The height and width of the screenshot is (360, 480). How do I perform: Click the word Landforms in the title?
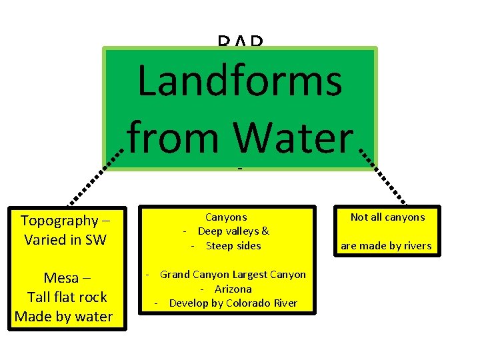point(240,83)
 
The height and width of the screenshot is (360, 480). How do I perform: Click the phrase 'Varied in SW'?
point(65,239)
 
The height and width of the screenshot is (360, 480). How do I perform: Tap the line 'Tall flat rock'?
point(67,297)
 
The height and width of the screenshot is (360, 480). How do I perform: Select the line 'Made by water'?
point(63,316)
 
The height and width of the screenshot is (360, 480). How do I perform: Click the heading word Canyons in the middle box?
point(226,217)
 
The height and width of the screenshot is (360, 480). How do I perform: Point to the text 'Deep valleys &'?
point(233,231)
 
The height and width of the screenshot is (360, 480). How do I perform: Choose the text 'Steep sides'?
point(233,245)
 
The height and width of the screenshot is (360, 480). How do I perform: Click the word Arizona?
point(233,289)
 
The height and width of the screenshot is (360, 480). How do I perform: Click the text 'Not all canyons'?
point(387,217)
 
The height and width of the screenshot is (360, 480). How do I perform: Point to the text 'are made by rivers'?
point(386,246)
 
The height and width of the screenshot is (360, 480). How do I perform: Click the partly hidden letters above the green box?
point(240,42)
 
